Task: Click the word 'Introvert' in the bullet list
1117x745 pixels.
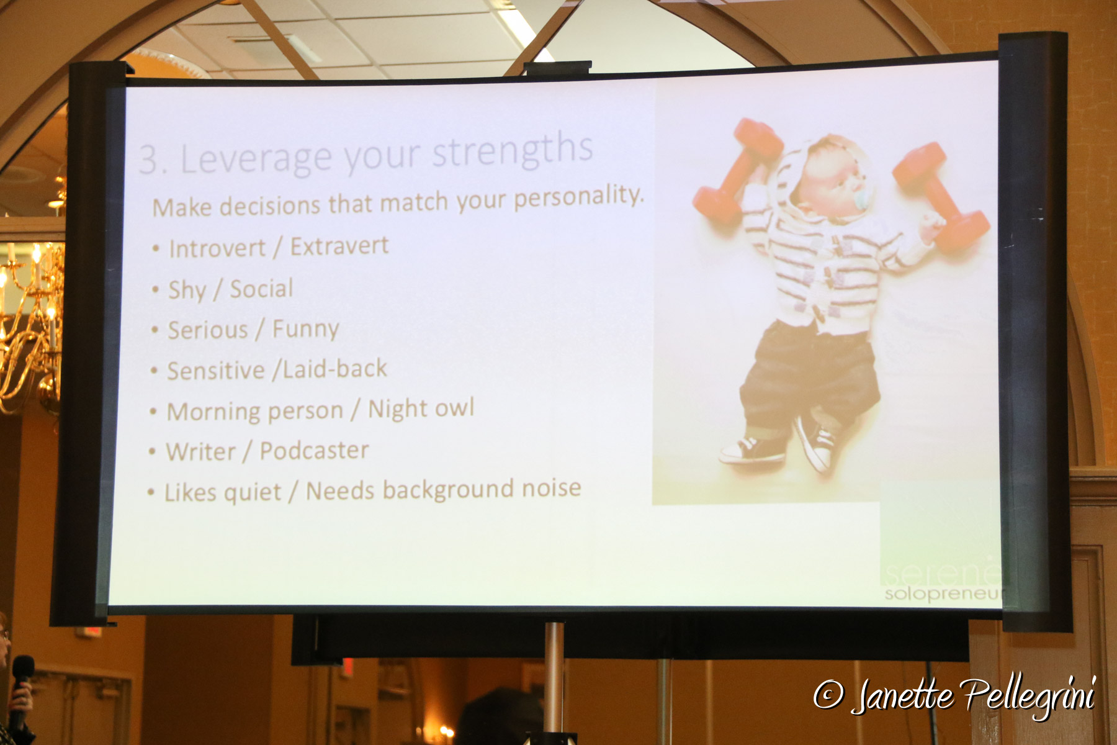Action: click(218, 249)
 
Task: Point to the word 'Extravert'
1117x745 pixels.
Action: click(339, 246)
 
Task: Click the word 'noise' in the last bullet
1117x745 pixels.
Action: click(551, 488)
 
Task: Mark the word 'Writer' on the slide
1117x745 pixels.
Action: click(201, 452)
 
